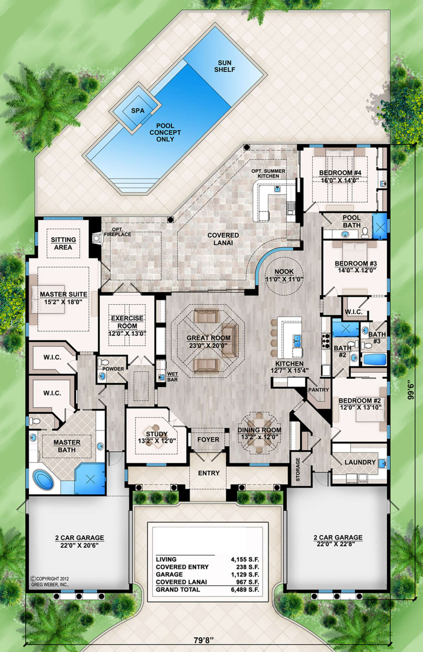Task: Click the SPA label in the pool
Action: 138,111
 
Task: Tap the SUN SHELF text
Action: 225,66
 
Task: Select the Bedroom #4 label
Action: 340,173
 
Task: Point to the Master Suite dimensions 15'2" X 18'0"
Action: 63,302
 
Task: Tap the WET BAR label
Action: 172,377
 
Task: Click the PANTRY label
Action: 318,390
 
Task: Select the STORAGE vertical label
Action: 298,469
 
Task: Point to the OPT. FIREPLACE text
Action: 117,232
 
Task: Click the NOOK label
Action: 284,272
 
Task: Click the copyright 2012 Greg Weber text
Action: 50,581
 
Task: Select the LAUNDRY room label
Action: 360,462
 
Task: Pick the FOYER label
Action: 208,439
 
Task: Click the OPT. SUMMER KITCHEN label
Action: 268,173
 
